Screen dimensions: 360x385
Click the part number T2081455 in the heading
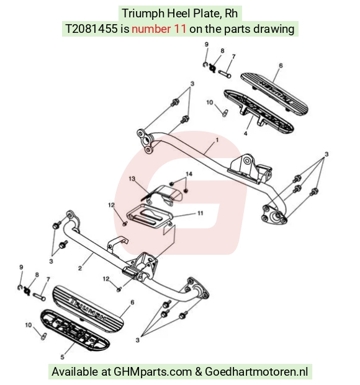[91, 29]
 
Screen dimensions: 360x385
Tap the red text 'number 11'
[159, 29]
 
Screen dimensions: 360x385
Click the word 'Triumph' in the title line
[143, 13]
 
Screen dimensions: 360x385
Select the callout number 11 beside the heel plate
[200, 213]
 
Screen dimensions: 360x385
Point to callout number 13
[132, 179]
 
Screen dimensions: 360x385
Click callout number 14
[189, 174]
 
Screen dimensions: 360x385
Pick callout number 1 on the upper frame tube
[217, 139]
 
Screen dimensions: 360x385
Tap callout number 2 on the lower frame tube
[80, 268]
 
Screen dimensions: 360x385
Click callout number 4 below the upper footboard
[245, 133]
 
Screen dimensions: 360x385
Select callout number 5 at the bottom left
[63, 356]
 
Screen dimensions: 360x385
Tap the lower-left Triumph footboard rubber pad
[88, 309]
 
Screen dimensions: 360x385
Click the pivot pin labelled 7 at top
[224, 74]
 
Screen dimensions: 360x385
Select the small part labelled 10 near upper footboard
[225, 113]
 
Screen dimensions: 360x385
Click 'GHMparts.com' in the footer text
[153, 371]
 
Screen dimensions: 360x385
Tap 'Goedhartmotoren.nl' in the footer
[256, 371]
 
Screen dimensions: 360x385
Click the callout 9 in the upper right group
[207, 45]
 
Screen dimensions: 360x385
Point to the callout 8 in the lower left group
[37, 275]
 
